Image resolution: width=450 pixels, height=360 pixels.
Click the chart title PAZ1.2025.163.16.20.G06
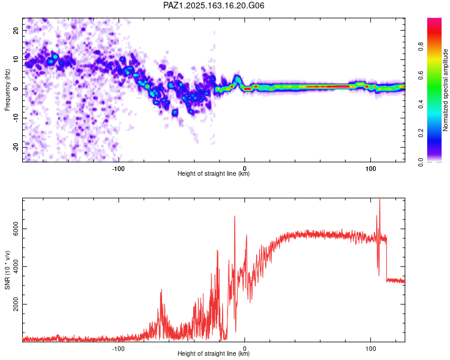click(x=214, y=5)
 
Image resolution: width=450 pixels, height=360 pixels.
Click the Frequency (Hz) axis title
click(x=7, y=90)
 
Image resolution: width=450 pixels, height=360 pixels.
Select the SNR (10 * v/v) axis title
click(x=7, y=270)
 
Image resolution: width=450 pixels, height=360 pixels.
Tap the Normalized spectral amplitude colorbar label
click(x=445, y=90)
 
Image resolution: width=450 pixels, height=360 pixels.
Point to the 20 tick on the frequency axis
click(x=16, y=31)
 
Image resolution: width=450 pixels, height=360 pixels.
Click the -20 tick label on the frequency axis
click(x=16, y=147)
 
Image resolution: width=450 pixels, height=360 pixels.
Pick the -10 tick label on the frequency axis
click(x=16, y=118)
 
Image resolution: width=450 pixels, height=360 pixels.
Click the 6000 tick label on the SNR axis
click(x=16, y=229)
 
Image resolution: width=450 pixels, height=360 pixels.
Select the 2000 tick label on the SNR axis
click(x=16, y=304)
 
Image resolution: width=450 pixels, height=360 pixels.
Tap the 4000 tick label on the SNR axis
click(x=16, y=266)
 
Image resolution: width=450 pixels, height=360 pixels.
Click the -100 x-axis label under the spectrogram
click(x=118, y=169)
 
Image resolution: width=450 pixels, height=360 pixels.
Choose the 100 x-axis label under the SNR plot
click(x=371, y=349)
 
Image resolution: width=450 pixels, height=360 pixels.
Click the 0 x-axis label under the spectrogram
click(x=245, y=169)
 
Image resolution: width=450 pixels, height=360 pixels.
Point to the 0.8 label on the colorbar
click(x=421, y=46)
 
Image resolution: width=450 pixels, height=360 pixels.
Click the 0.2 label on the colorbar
click(x=421, y=133)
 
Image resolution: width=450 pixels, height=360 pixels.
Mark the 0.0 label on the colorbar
click(x=421, y=162)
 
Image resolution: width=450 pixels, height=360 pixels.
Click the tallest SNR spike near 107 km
click(x=380, y=199)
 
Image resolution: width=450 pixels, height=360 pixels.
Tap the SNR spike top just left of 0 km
click(x=235, y=216)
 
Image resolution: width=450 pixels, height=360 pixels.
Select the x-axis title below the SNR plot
click(x=214, y=353)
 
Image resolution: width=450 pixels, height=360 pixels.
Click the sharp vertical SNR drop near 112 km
click(x=386, y=259)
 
